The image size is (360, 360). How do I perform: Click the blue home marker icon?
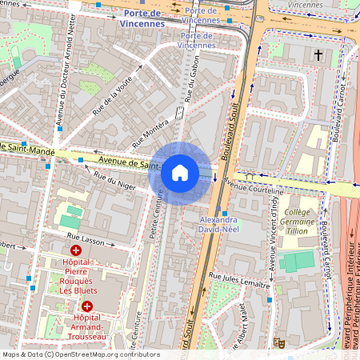tap(180, 173)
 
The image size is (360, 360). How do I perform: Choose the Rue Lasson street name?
tap(85, 237)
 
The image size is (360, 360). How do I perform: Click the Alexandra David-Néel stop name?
tap(218, 224)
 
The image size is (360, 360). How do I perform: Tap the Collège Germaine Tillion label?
tap(302, 222)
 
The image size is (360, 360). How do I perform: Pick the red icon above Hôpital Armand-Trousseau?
tap(86, 306)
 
